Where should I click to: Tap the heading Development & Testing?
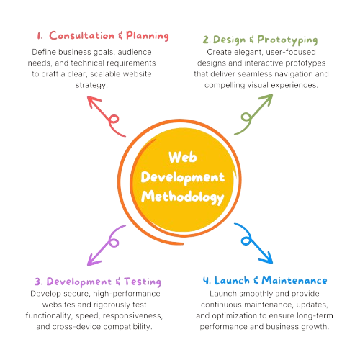coord(97,281)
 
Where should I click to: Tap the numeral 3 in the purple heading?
coord(37,281)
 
